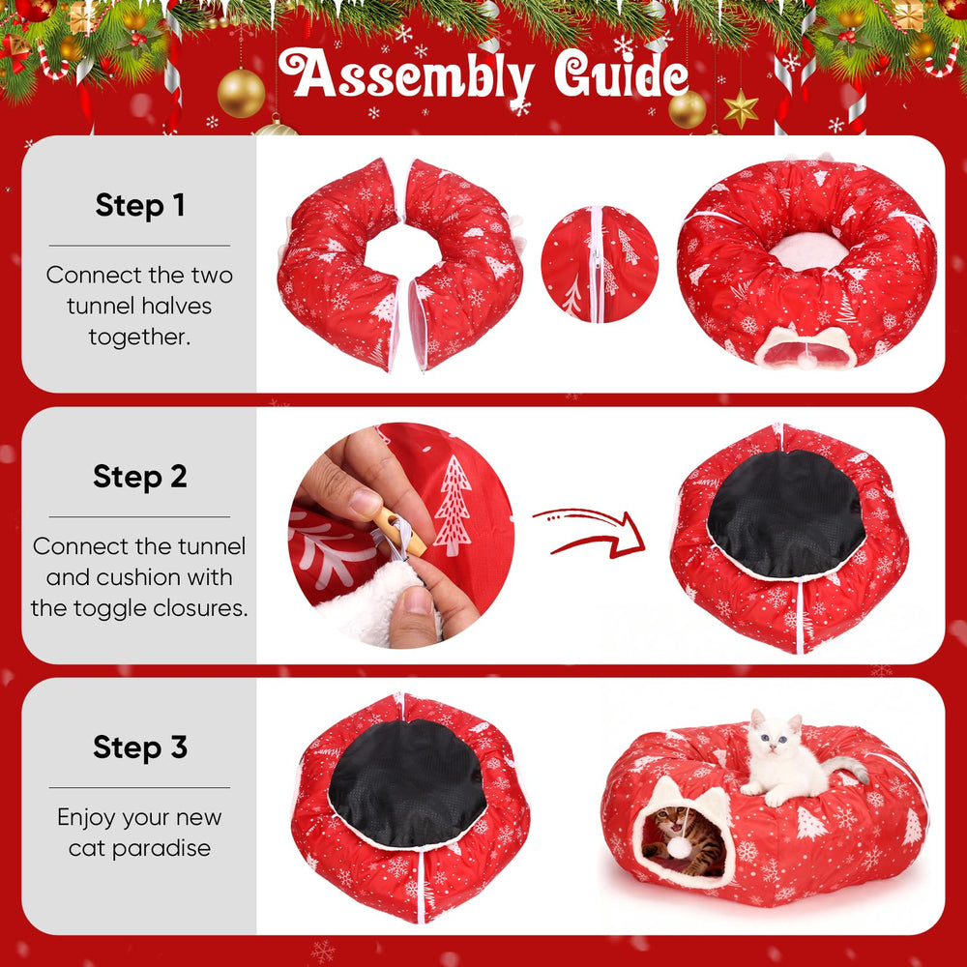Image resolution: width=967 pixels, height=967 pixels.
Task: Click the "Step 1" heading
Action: pos(140,205)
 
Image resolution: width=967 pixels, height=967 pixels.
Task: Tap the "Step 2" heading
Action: pos(140,476)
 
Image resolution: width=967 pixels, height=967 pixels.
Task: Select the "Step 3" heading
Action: pos(140,747)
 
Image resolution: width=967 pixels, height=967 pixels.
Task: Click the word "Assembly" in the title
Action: pos(406,75)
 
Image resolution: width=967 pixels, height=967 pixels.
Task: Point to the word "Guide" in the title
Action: pos(621,74)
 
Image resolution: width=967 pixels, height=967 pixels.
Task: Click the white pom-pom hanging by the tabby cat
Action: pos(680,848)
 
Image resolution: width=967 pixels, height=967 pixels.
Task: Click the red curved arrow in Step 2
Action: pos(590,533)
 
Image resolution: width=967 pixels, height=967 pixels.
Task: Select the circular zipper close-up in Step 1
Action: pos(600,264)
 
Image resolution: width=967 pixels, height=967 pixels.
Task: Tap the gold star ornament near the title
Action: pos(741,109)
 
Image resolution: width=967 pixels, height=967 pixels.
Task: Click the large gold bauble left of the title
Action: pos(241,93)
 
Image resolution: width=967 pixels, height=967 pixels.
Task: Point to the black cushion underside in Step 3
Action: pos(407,782)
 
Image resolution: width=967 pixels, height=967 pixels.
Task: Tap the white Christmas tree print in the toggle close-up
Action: pos(453,506)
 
